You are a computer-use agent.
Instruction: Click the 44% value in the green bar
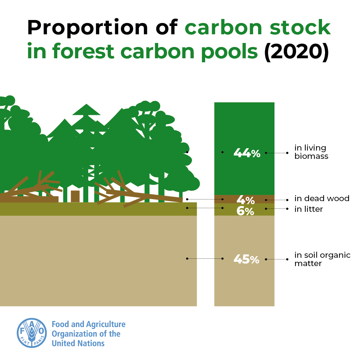[x=247, y=153]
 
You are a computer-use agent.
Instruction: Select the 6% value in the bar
[x=245, y=211]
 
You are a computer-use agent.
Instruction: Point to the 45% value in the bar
[x=246, y=259]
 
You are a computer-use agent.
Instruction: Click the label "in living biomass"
[x=311, y=152]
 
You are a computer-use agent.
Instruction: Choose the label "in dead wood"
[x=322, y=199]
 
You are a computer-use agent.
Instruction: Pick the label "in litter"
[x=308, y=209]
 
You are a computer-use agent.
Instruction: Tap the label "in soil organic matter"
[x=322, y=259]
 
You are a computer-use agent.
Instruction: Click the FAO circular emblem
[x=32, y=333]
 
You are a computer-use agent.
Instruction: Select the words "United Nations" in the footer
[x=78, y=343]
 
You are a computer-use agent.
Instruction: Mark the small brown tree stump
[x=75, y=196]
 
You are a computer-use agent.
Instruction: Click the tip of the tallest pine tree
[x=86, y=105]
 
